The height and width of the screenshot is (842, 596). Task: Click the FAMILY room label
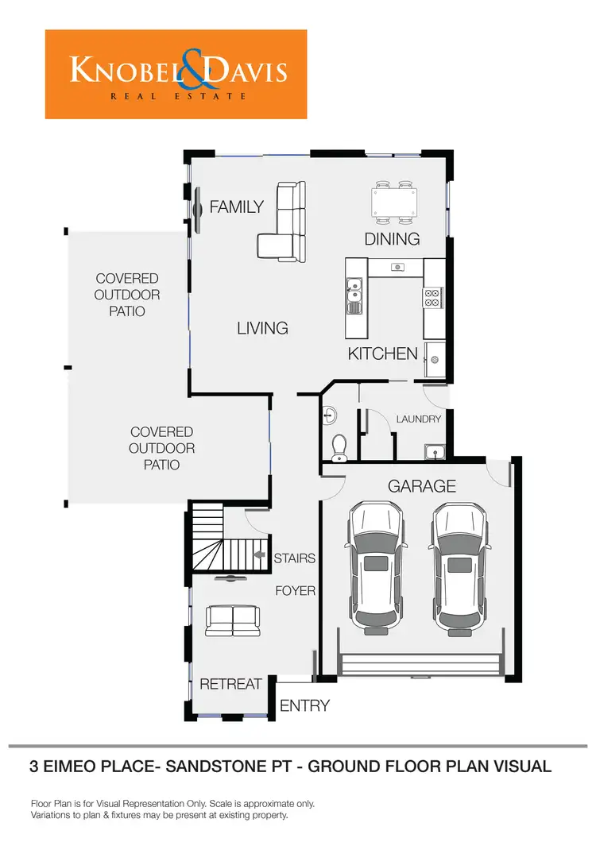pyautogui.click(x=236, y=207)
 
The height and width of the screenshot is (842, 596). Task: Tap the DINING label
pyautogui.click(x=392, y=239)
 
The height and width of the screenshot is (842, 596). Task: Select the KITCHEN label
pyautogui.click(x=382, y=354)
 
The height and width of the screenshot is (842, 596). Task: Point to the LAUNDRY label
pyautogui.click(x=418, y=419)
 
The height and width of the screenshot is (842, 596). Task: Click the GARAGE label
pyautogui.click(x=422, y=486)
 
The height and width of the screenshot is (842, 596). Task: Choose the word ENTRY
pyautogui.click(x=304, y=705)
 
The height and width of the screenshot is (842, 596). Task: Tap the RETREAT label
pyautogui.click(x=230, y=684)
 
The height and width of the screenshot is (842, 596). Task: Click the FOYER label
pyautogui.click(x=296, y=591)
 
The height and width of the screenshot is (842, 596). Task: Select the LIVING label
pyautogui.click(x=262, y=327)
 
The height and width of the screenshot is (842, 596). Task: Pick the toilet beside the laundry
pyautogui.click(x=339, y=447)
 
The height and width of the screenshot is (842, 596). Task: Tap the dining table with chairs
pyautogui.click(x=395, y=203)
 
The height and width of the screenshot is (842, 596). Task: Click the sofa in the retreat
pyautogui.click(x=231, y=620)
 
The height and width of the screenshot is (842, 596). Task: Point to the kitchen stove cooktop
pyautogui.click(x=433, y=298)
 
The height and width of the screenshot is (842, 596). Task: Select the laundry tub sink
pyautogui.click(x=434, y=453)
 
